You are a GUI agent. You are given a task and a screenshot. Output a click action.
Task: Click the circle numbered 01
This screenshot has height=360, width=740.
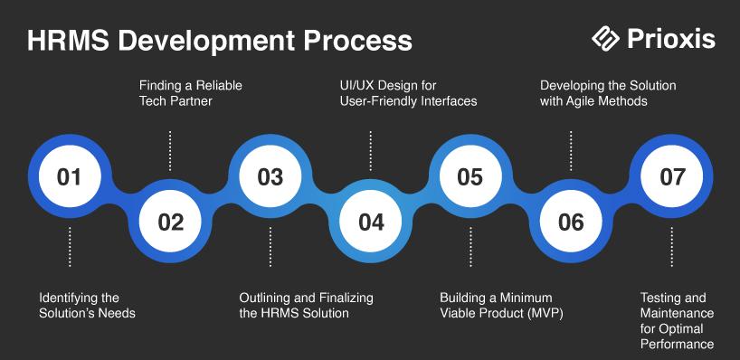tap(70, 176)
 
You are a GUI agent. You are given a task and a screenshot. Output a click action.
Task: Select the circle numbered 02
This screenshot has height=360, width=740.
tap(170, 222)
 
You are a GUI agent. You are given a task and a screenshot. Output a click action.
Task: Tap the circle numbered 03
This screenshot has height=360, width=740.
tap(270, 176)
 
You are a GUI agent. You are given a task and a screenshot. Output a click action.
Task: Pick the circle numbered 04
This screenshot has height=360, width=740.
tap(371, 222)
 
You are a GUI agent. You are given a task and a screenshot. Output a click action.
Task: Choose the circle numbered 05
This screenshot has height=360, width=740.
tap(470, 176)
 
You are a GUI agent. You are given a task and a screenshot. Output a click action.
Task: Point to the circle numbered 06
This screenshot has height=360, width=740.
tap(571, 222)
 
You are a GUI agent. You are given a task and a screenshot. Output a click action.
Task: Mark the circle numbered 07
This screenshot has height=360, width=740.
tap(671, 176)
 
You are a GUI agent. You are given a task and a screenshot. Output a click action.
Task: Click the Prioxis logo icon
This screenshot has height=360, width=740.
tap(605, 38)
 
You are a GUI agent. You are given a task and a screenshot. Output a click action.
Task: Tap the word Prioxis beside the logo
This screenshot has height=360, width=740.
tap(671, 39)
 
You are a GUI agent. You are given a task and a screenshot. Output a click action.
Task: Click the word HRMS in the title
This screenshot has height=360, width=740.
tap(69, 41)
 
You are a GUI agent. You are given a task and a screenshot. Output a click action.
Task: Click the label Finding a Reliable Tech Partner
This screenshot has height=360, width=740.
tap(191, 93)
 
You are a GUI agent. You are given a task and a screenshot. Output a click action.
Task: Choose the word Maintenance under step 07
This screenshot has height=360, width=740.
tap(677, 313)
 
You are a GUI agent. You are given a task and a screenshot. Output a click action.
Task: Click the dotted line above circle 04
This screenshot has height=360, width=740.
tap(371, 151)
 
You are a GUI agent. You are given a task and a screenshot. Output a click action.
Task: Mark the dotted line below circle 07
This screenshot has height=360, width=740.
tap(671, 247)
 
